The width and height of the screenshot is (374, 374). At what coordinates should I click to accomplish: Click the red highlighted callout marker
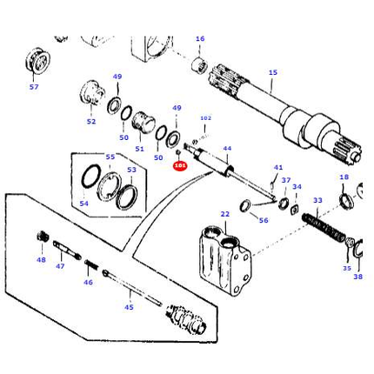pos(180,164)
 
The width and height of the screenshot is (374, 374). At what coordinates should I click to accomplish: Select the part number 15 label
pos(272,73)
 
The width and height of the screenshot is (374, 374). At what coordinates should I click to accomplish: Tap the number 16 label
pos(200,39)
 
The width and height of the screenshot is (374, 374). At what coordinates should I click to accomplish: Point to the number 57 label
pos(34,87)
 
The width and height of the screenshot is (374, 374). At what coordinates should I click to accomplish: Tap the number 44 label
pos(227,149)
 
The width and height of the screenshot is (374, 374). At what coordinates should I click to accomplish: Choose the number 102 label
pos(205,118)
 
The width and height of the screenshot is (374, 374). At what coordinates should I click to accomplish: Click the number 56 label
pos(264,221)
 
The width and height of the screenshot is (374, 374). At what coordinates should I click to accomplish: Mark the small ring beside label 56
pos(245,205)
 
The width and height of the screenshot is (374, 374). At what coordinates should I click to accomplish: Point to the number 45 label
pos(129,306)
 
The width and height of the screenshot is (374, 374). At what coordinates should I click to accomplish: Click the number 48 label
pos(41,259)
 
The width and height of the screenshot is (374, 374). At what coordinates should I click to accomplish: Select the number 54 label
pos(83,204)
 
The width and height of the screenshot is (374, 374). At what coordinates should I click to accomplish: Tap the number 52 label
pos(91,122)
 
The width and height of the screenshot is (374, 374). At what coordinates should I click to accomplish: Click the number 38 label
pos(358,277)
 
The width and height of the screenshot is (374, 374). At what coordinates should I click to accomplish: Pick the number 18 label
pos(344,177)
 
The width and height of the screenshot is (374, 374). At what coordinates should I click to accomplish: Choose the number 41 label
pos(278,168)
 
